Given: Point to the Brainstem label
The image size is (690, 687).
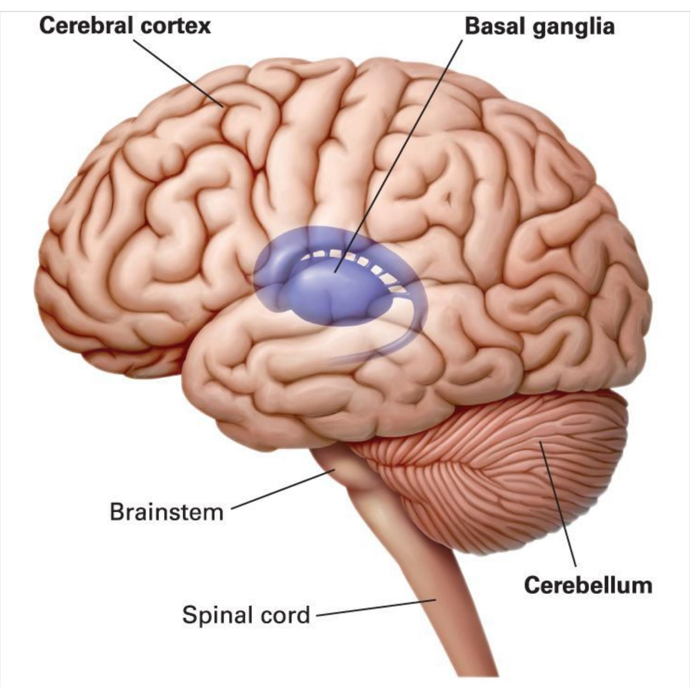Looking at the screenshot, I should [x=167, y=512].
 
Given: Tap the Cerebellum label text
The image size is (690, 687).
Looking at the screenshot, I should [x=588, y=585].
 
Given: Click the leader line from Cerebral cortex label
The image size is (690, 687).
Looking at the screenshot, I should [x=178, y=72].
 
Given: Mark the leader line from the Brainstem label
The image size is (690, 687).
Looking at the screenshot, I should [x=283, y=489].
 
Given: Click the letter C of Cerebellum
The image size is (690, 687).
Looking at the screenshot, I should [x=532, y=585].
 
